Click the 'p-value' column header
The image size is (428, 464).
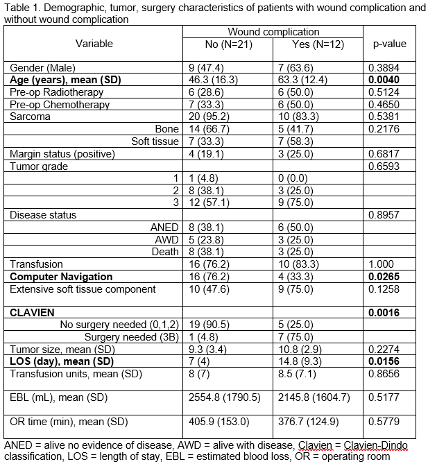(389, 44)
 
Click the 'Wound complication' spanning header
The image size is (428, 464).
(273, 32)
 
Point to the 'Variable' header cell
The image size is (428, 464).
(94, 44)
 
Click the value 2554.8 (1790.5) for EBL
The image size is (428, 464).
(224, 398)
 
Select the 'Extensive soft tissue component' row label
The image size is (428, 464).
(83, 289)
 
